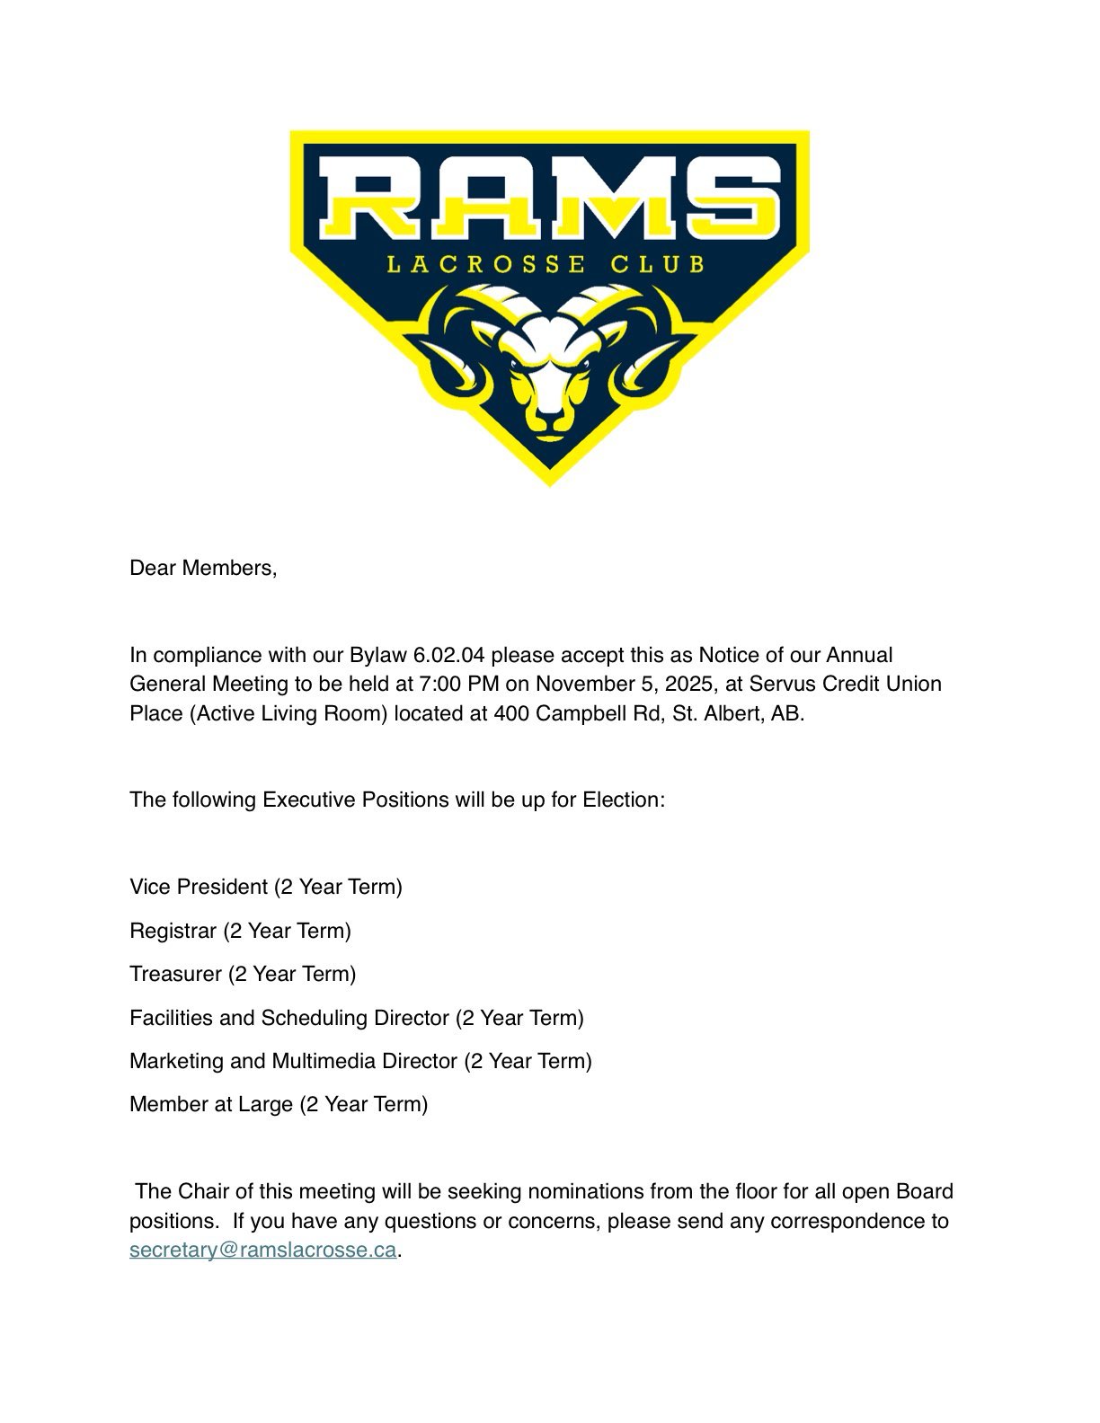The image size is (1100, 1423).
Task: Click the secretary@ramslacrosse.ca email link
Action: coord(262,1251)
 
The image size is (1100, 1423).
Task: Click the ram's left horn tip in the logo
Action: coord(430,355)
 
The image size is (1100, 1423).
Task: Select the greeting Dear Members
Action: coord(203,568)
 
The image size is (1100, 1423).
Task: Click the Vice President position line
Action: coord(266,887)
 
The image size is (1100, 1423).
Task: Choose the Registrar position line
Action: coord(240,931)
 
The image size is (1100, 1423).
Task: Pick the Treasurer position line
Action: coord(243,974)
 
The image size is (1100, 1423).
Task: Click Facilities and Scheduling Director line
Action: coord(357,1018)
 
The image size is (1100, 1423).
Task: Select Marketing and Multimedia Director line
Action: coord(360,1061)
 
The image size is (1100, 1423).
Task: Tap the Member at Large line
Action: coord(279,1104)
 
